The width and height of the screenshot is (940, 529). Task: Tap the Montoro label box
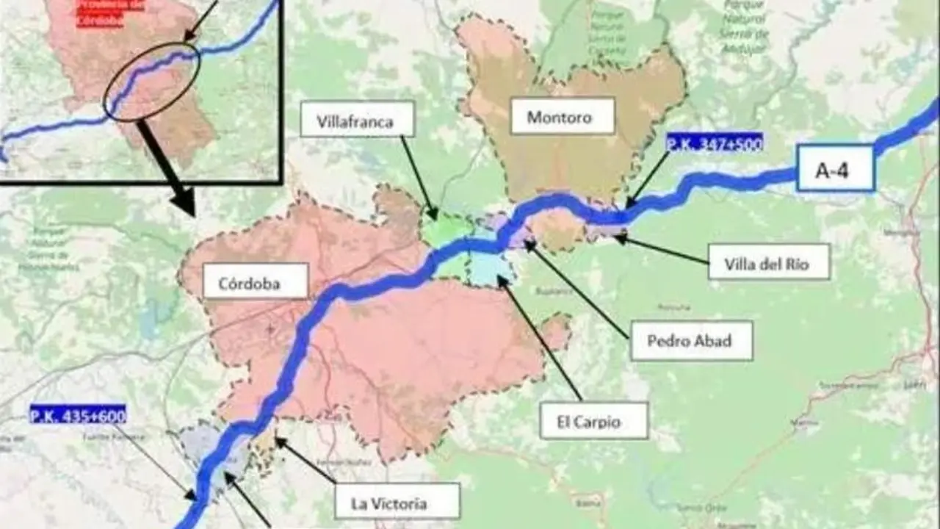click(562, 116)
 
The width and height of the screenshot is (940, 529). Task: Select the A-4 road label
click(835, 168)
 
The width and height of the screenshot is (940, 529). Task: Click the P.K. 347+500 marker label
click(714, 143)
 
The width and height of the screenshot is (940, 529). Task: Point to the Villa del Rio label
click(768, 262)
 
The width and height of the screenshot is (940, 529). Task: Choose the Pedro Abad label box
click(691, 340)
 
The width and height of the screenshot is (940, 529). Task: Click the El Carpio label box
click(593, 420)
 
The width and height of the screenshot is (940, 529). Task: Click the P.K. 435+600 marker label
click(77, 415)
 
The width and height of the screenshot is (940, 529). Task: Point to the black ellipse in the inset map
click(151, 81)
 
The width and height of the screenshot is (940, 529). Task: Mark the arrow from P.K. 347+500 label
click(646, 180)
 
